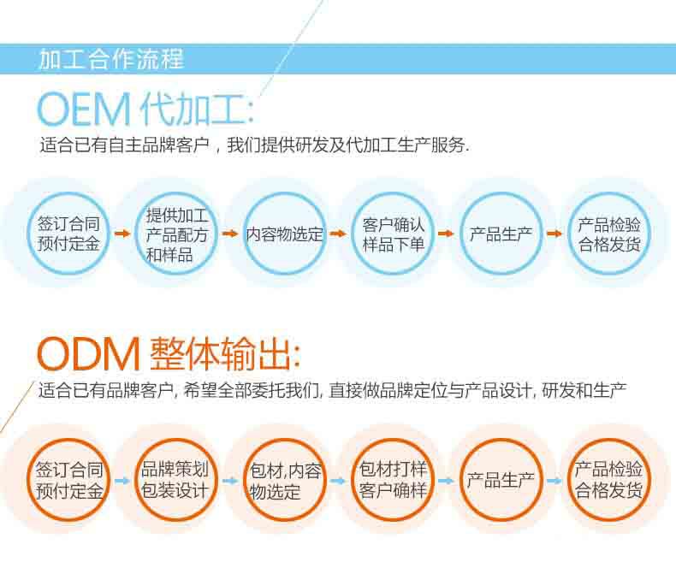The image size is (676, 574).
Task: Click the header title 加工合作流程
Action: point(111,59)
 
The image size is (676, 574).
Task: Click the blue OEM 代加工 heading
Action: point(145,109)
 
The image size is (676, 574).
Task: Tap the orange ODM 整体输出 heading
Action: point(169,354)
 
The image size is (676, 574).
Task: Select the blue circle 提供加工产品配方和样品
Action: point(176,234)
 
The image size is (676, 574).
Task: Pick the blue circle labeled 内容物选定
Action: point(285,234)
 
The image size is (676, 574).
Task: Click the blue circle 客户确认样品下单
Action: point(393,234)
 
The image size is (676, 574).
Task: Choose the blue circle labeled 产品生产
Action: point(501,234)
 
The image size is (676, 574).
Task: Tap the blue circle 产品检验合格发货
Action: point(609,234)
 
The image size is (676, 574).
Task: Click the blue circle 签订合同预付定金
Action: point(68,234)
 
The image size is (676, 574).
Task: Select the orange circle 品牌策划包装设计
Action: point(175,480)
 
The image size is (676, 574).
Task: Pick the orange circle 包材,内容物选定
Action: point(285,480)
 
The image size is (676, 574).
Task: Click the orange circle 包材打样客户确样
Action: point(393,480)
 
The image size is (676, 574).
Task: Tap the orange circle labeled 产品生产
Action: point(501,480)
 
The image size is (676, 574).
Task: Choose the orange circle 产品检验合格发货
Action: point(609,480)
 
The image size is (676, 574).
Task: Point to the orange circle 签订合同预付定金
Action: point(68,480)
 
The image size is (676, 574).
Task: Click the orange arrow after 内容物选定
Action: point(339,234)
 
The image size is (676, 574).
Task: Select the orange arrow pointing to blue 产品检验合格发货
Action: point(554,234)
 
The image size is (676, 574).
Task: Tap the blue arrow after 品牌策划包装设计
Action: point(230,481)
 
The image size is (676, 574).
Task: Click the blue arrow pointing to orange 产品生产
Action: point(446,481)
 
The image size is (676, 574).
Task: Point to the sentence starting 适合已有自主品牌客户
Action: point(254,145)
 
